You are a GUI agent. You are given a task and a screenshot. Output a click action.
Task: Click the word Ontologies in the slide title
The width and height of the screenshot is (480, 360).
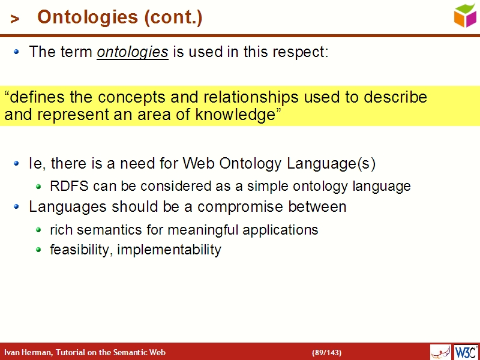(87, 18)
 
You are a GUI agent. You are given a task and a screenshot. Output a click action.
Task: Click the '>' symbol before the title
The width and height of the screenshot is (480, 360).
(15, 19)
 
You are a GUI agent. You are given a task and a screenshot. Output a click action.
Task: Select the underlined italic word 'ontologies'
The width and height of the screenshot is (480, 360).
(132, 52)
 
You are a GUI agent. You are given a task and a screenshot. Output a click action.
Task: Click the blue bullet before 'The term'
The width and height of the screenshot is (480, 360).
(17, 52)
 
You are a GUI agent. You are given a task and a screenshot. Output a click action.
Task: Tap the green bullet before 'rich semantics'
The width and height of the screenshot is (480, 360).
(38, 230)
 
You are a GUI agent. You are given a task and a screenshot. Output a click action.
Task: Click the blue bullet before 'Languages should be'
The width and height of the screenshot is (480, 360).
(17, 207)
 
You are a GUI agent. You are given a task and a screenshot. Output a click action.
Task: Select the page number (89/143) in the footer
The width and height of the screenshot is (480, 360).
(326, 352)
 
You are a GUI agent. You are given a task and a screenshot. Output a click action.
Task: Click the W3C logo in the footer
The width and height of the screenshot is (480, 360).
(466, 352)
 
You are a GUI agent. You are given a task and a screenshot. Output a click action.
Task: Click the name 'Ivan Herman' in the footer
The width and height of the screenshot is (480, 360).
(28, 352)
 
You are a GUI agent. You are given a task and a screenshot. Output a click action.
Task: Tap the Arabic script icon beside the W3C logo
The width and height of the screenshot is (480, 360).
(440, 352)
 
